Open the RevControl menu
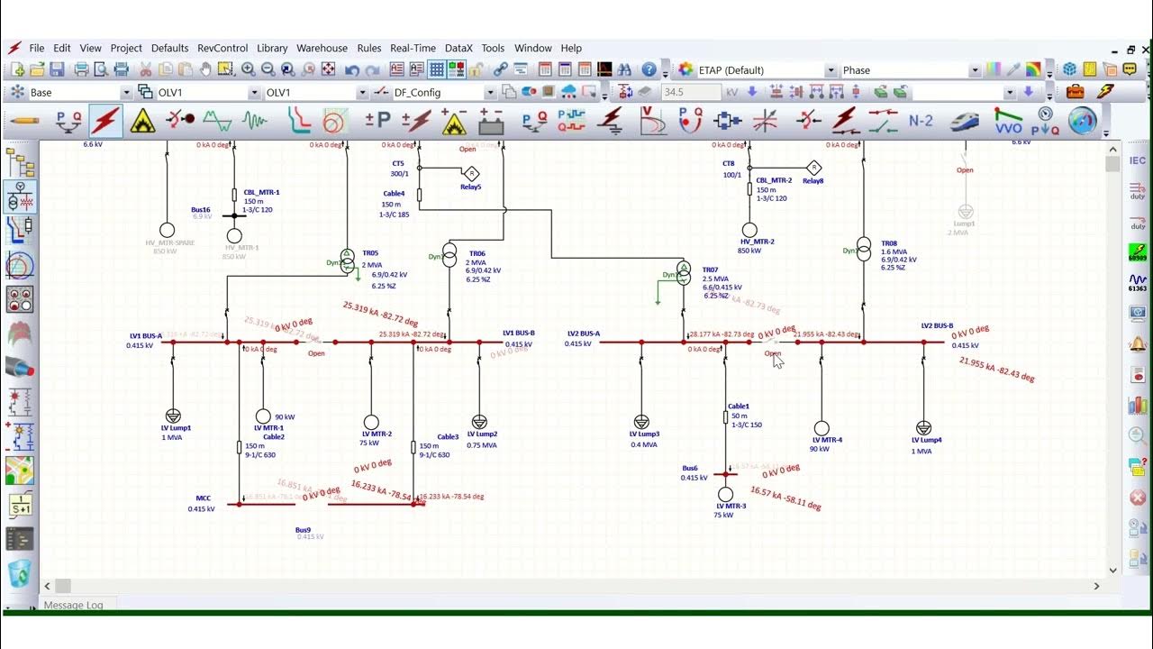click(x=222, y=48)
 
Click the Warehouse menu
click(x=322, y=48)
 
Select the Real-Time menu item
click(x=413, y=48)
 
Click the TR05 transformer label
click(x=370, y=253)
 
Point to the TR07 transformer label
click(x=710, y=270)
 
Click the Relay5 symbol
click(x=471, y=173)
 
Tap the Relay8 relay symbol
click(x=813, y=167)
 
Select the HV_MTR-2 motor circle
click(x=749, y=231)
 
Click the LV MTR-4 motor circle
click(x=822, y=428)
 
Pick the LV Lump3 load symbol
click(x=641, y=422)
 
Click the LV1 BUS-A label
click(x=145, y=336)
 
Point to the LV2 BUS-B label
click(x=937, y=325)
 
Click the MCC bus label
click(x=204, y=498)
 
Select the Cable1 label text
click(x=739, y=407)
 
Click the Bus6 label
click(x=689, y=469)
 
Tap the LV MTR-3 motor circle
click(x=725, y=494)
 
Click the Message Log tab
click(x=73, y=605)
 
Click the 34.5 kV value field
click(x=690, y=92)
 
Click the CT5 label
click(x=398, y=163)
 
